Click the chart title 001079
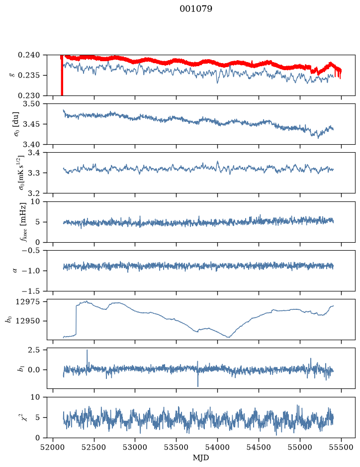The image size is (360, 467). pos(196,9)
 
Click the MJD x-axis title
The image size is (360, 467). pos(201,458)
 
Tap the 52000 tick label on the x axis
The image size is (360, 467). pos(53,447)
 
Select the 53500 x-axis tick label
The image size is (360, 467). pos(177,447)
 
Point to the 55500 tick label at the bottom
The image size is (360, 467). pos(341,447)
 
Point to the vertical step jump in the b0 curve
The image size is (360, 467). pos(76,320)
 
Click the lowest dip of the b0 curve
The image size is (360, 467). pos(228,337)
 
